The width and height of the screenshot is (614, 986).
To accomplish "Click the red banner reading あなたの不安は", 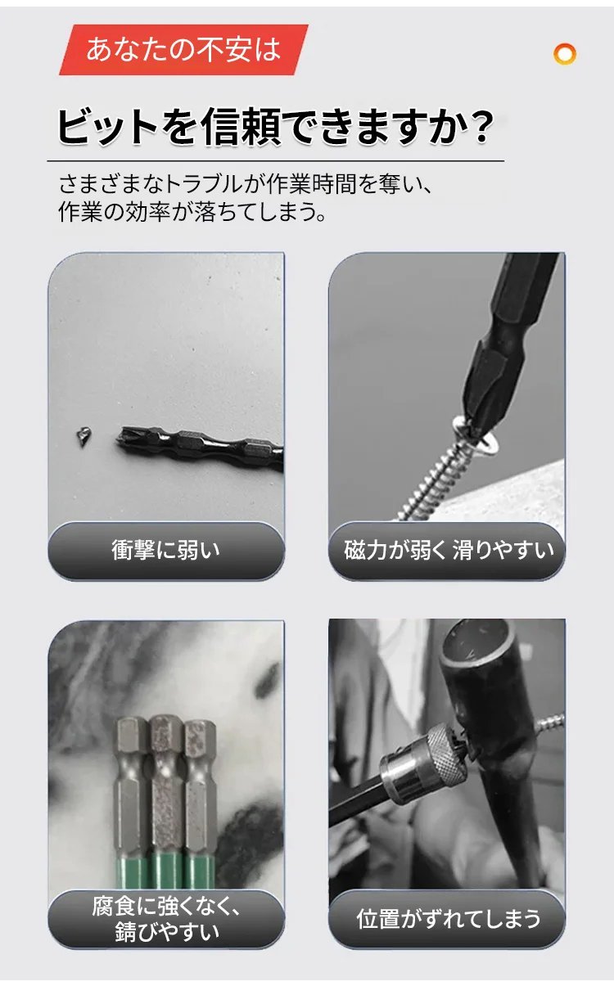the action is pos(183,50).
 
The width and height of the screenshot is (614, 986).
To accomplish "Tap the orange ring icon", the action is pos(565,54).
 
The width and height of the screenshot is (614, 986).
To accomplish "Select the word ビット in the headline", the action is pos(107,127).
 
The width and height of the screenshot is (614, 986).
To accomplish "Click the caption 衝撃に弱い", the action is pos(165,550).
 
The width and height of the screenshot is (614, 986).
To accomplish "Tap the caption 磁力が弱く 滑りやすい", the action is pos(449,550).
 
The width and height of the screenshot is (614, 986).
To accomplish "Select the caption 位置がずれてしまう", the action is pos(448,919).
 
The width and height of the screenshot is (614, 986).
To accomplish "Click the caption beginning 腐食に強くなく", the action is pos(166,919).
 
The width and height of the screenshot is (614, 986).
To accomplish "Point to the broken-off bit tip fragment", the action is pos(83,436).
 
